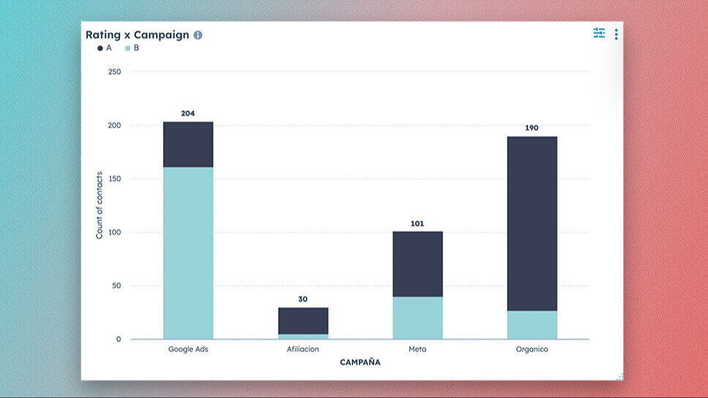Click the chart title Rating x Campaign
137,35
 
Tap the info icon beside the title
198,35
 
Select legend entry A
105,48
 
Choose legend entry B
132,48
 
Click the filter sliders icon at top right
599,33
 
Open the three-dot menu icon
616,34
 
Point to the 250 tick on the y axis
114,72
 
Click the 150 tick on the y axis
114,179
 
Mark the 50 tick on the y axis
116,286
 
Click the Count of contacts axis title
99,206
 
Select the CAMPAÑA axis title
360,362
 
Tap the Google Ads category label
188,350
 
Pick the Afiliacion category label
303,350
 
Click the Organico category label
532,350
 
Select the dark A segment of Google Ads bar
188,145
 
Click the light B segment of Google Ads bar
188,253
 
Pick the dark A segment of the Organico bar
532,223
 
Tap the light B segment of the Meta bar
418,318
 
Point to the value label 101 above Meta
418,223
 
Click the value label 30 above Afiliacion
303,299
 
